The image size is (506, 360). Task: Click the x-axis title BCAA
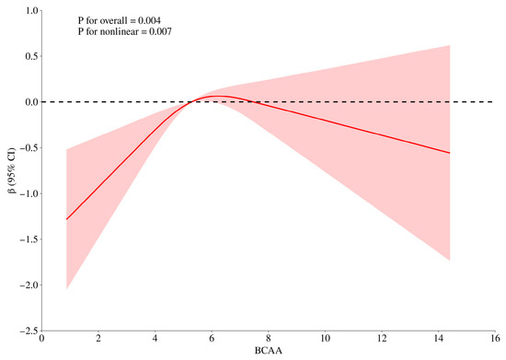pyautogui.click(x=268, y=351)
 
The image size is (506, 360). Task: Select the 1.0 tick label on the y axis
pyautogui.click(x=31, y=11)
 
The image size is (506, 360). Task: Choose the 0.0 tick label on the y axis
pyautogui.click(x=31, y=102)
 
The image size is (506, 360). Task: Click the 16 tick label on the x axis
pyautogui.click(x=495, y=339)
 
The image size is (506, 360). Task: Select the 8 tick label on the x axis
pyautogui.click(x=269, y=339)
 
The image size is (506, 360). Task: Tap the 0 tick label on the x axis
pyautogui.click(x=42, y=339)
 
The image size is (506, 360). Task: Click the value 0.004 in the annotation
pyautogui.click(x=149, y=20)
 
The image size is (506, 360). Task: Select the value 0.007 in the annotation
pyautogui.click(x=160, y=31)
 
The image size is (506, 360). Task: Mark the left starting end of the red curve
pyautogui.click(x=66, y=219)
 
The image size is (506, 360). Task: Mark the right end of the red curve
pyautogui.click(x=450, y=153)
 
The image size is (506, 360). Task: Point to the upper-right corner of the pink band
pyautogui.click(x=450, y=45)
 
